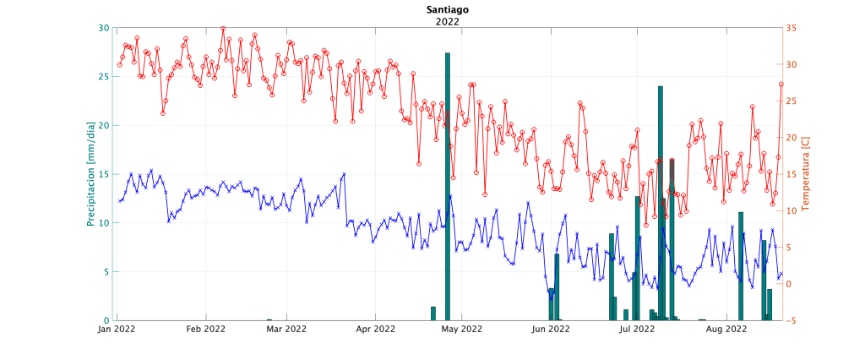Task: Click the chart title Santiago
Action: pyautogui.click(x=447, y=10)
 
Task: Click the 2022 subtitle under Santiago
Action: pyautogui.click(x=447, y=22)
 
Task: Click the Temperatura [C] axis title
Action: pyautogui.click(x=805, y=174)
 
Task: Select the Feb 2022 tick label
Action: pyautogui.click(x=205, y=330)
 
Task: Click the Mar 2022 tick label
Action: pyautogui.click(x=286, y=330)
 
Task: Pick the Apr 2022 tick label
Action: pyautogui.click(x=375, y=330)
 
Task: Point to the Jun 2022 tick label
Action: pyautogui.click(x=550, y=330)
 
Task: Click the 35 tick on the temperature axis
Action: pyautogui.click(x=790, y=28)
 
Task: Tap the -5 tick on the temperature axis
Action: pyautogui.click(x=790, y=320)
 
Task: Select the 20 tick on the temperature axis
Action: pyautogui.click(x=790, y=138)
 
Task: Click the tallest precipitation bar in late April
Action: pyautogui.click(x=447, y=186)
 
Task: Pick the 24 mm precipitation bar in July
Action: pyautogui.click(x=661, y=203)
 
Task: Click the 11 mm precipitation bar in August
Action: pyautogui.click(x=741, y=266)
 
